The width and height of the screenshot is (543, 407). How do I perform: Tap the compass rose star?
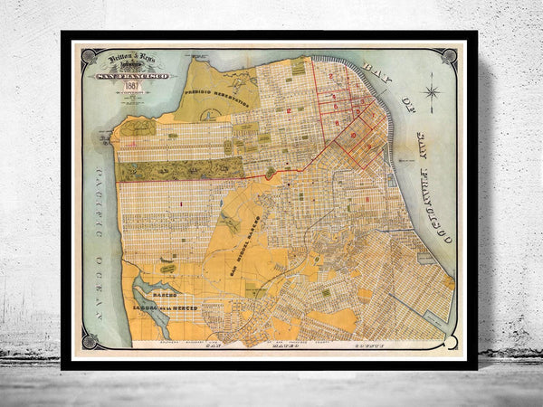click(x=432, y=92)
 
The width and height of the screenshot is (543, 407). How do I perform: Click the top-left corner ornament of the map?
click(x=87, y=55)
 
